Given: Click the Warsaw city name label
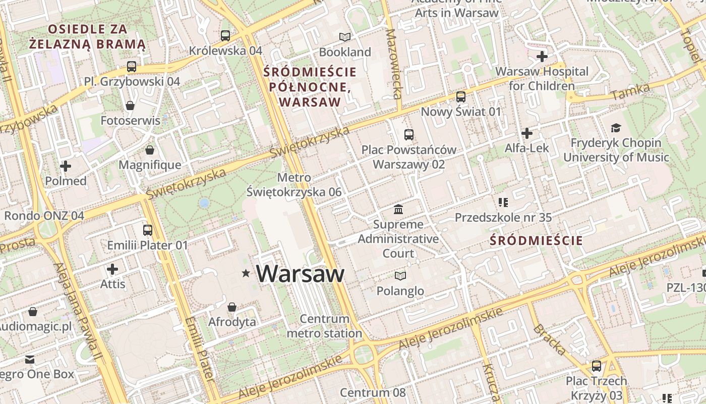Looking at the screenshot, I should [300, 274].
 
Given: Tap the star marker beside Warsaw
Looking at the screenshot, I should [246, 273].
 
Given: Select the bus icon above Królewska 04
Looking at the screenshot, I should [225, 36].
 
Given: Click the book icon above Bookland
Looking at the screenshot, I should [345, 37].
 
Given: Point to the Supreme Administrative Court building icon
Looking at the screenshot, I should [398, 209].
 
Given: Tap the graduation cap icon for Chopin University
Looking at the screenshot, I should [616, 128].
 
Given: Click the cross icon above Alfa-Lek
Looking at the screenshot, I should [527, 133].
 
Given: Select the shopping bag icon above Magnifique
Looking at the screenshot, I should [150, 150].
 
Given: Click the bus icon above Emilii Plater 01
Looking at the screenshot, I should [148, 230].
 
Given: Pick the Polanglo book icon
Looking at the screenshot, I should [400, 276].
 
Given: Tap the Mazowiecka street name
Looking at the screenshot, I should [393, 64].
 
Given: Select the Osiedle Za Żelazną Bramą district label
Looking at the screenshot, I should [87, 36].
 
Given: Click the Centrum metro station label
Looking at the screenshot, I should [324, 326].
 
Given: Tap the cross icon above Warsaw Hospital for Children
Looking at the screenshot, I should [542, 57].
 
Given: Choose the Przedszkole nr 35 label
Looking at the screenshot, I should [503, 218].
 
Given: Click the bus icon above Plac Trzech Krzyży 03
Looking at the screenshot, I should [597, 366].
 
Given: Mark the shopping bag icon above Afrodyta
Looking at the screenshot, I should [232, 307].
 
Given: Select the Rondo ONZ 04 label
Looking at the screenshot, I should [44, 216].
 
